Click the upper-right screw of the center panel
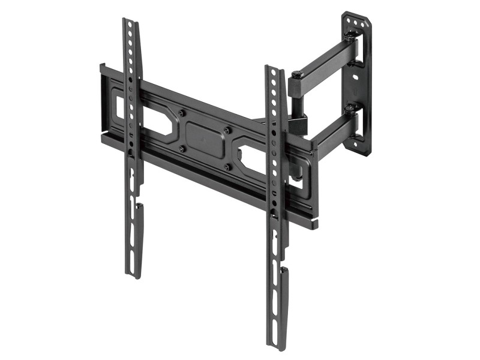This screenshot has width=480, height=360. [227, 130]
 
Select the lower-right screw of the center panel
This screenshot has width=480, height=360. [227, 167]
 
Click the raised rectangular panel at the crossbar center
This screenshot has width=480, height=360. [205, 139]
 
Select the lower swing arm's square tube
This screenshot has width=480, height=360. [333, 133]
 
